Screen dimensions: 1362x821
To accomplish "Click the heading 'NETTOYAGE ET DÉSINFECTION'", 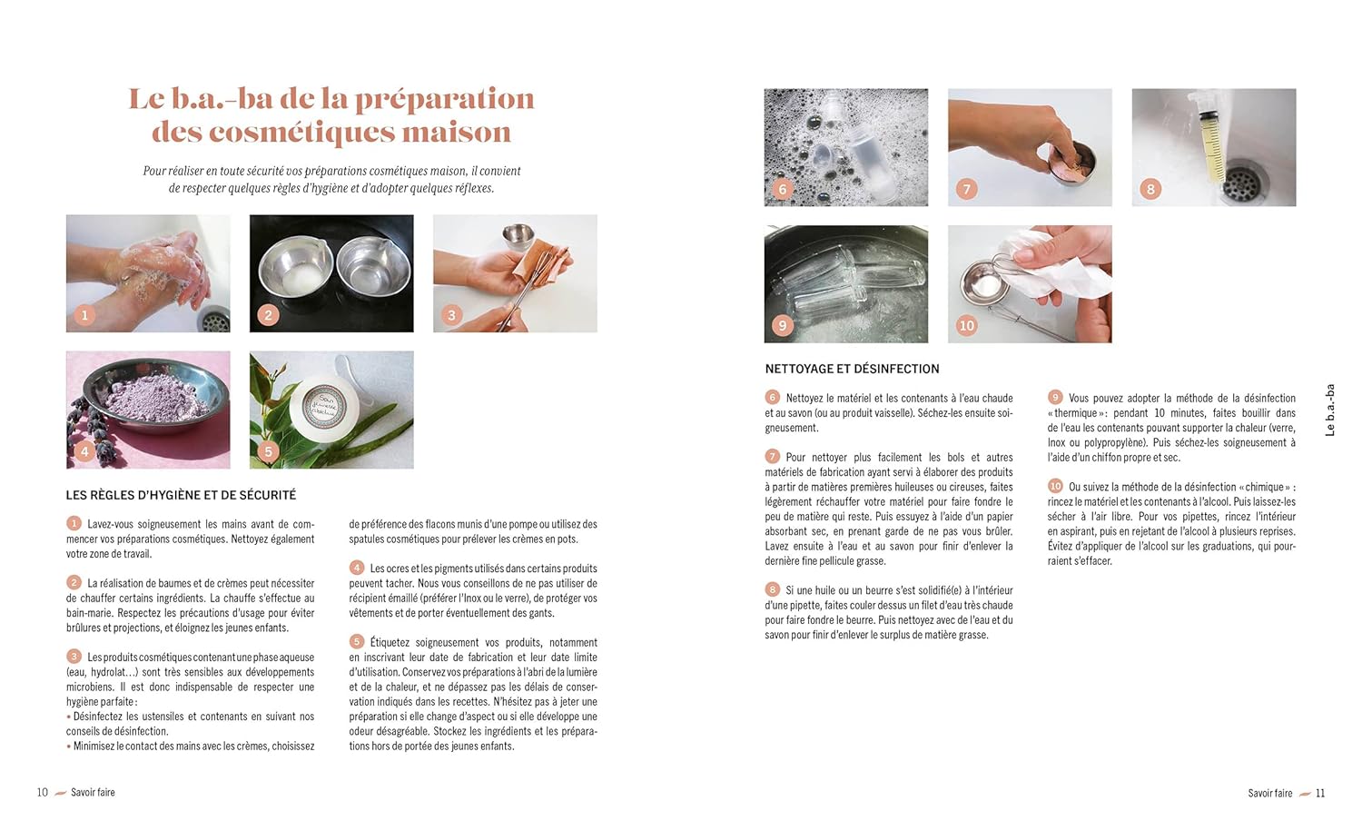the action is click(x=852, y=369).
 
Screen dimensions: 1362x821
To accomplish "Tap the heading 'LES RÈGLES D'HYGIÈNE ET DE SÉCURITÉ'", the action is click(x=182, y=495).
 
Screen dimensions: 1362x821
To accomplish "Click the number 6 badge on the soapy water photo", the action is click(x=783, y=189).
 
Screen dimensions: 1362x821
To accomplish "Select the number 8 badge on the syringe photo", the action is click(x=1150, y=189).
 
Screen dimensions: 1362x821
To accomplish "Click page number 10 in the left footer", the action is click(x=43, y=792).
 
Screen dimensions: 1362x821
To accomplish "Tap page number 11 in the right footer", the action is click(x=1320, y=793).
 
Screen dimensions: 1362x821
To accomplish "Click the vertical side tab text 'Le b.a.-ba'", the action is click(x=1330, y=410).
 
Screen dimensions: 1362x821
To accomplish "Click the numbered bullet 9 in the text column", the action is click(x=1055, y=397).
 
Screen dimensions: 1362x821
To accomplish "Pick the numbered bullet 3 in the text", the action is click(x=74, y=657).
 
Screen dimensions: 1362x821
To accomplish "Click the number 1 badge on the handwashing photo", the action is click(x=84, y=315).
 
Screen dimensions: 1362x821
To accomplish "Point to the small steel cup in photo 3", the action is click(x=519, y=234).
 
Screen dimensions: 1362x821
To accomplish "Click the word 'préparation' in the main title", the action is click(x=445, y=100).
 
